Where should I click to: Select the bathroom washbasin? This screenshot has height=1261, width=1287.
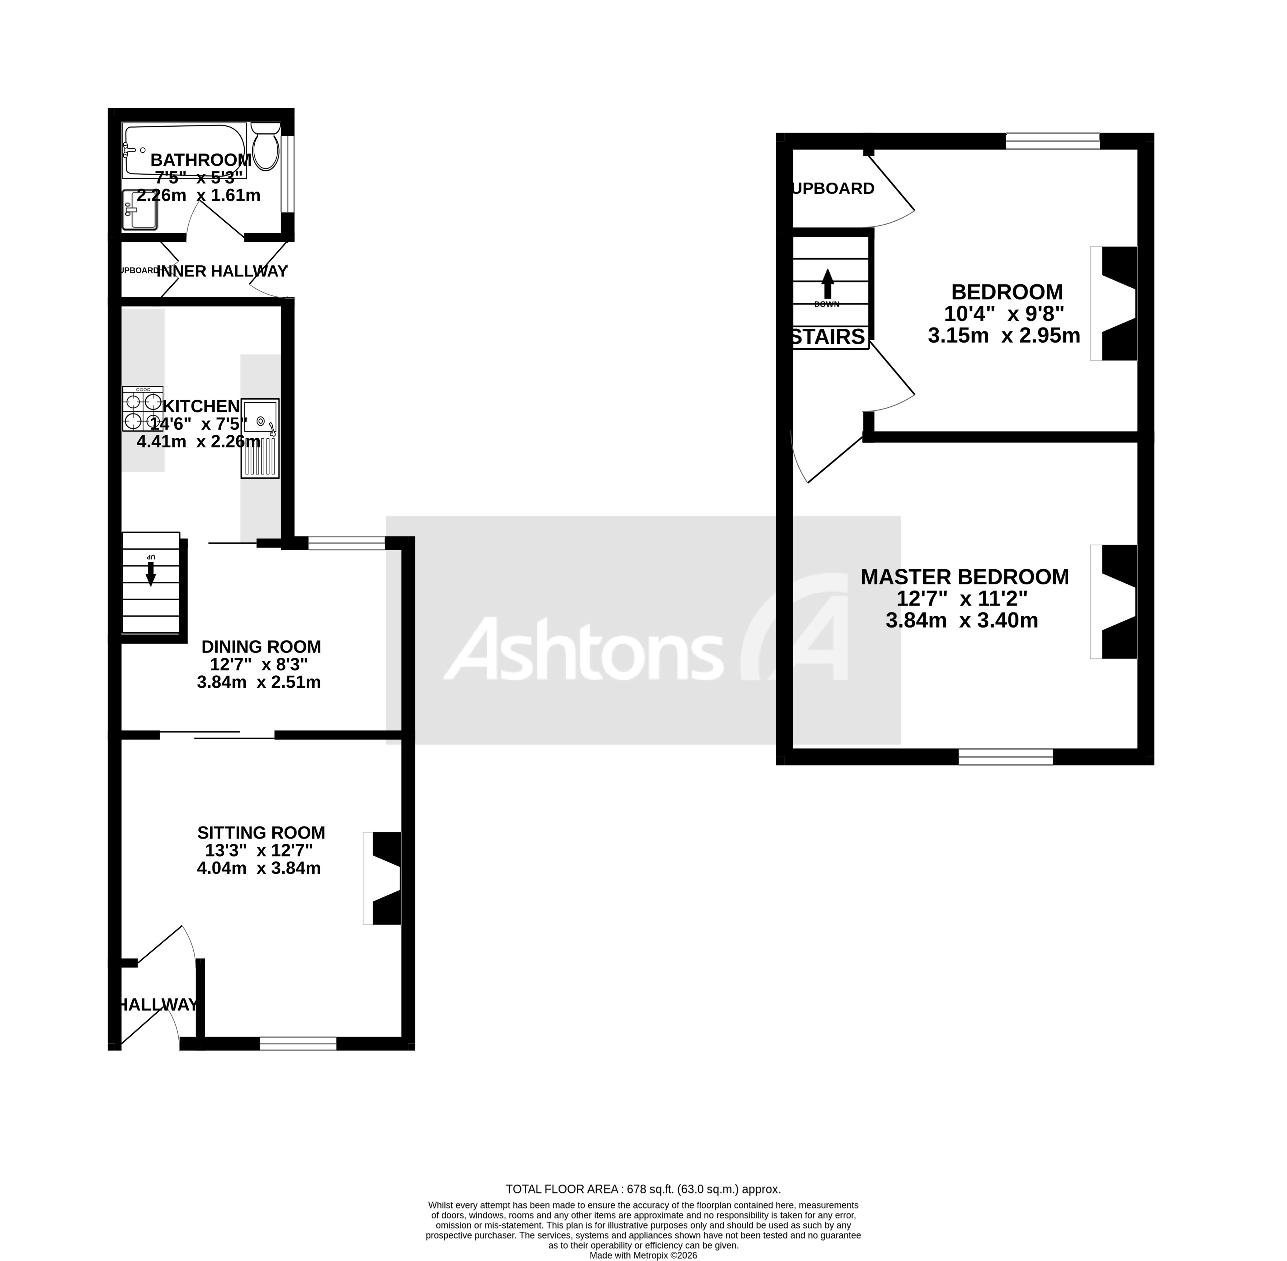[140, 210]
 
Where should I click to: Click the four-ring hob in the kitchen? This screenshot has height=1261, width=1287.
[142, 408]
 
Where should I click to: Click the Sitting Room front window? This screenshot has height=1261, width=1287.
[297, 1044]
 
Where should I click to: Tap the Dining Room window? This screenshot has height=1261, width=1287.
[346, 543]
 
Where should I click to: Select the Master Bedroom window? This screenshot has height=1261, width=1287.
[1006, 756]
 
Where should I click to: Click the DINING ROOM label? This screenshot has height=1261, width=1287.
[261, 646]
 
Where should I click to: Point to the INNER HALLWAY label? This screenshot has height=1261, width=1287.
[222, 271]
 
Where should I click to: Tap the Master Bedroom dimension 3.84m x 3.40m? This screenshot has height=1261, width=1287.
[962, 621]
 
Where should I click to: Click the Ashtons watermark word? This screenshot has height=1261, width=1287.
[583, 649]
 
